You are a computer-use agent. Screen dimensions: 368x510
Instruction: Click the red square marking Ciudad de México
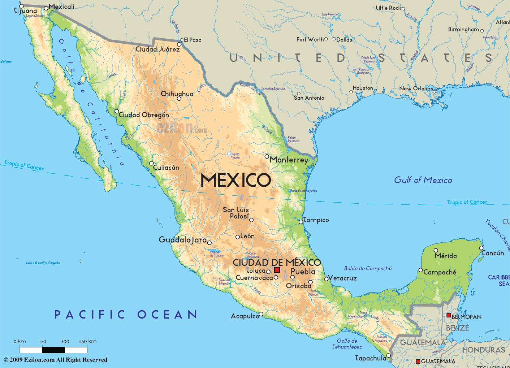tap(277, 270)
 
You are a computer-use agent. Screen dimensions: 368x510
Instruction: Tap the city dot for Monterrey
tap(267, 156)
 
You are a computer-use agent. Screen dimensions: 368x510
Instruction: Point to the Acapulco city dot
tap(261, 314)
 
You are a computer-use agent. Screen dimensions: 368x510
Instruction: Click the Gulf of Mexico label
tap(423, 180)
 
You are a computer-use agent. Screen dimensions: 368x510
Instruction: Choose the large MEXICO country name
tap(235, 180)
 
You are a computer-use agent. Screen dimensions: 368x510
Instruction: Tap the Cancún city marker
tap(481, 248)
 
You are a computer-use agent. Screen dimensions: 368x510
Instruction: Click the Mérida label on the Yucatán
tap(446, 256)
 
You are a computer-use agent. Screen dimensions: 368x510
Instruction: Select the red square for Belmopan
tap(449, 315)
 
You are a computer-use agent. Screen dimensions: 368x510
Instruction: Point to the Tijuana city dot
tap(22, 6)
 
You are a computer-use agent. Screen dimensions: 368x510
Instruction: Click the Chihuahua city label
tap(177, 94)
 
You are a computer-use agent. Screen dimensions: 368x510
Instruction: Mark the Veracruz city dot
tap(326, 279)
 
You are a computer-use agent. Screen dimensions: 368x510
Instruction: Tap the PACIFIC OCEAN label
tap(126, 314)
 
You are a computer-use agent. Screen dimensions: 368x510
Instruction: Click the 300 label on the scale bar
tap(65, 341)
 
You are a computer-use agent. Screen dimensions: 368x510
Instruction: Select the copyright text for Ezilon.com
tap(56, 360)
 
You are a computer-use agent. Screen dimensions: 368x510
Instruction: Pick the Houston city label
tap(363, 88)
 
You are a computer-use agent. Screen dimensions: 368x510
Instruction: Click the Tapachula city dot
tap(389, 356)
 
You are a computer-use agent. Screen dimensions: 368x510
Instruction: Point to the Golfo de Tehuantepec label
tap(347, 344)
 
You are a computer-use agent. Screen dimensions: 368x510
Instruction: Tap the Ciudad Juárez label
tap(157, 49)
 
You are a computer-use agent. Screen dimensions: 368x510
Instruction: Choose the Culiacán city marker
tap(151, 163)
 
